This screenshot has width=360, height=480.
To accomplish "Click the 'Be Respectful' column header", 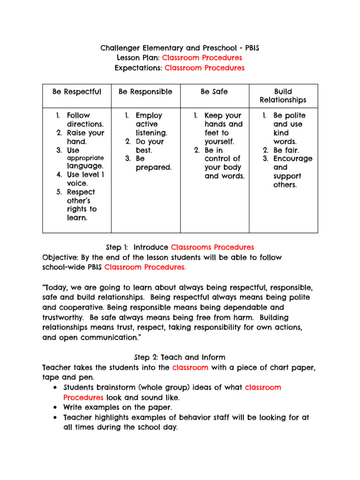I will [x=77, y=92].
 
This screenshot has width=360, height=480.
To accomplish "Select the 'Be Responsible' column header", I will [x=145, y=92].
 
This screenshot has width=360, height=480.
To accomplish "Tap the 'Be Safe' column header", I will [x=214, y=92].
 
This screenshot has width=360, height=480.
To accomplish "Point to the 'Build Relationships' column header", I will [x=283, y=96].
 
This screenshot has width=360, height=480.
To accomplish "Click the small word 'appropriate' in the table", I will [x=85, y=158].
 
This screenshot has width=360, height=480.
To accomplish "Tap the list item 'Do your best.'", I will [x=150, y=145].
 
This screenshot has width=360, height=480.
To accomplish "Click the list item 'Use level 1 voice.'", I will [x=85, y=179].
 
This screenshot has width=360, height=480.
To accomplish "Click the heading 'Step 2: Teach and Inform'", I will [x=180, y=358].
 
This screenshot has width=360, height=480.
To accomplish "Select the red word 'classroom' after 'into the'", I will [x=190, y=367].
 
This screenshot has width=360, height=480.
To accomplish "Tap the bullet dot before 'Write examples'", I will [x=56, y=407].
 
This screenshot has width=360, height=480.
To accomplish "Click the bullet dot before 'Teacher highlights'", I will [x=56, y=417].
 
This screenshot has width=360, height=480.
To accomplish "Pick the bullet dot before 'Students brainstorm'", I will [x=56, y=388].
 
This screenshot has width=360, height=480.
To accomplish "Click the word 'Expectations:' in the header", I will [x=138, y=68].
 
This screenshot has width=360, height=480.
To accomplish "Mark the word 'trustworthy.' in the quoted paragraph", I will [x=64, y=317].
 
